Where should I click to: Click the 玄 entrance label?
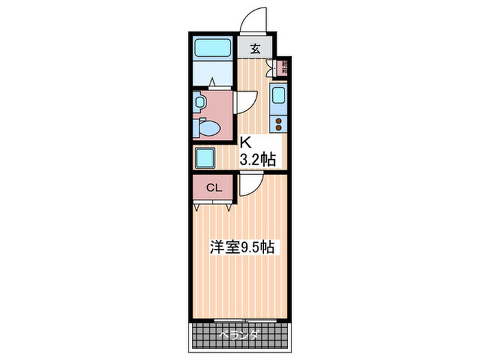pos(255,49)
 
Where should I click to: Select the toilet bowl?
pos(210,128)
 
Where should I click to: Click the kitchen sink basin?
pos(279,95)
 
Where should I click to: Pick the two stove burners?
pos(279,123)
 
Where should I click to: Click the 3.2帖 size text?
pos(257,160)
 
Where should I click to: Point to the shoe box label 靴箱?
pos(282,68)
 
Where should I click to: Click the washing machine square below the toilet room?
pos(206,158)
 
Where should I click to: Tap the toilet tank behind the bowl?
pos(197,128)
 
